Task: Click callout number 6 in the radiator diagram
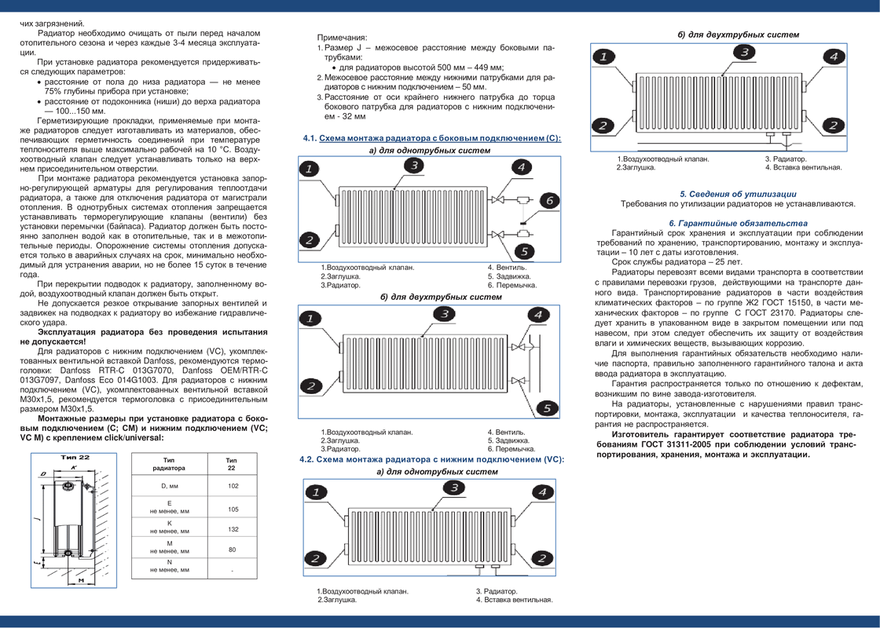pos(549,200)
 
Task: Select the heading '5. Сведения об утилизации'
pos(738,194)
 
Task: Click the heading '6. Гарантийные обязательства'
pos(737,223)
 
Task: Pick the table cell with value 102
pos(233,487)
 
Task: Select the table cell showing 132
pos(233,529)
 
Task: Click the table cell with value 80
pos(233,549)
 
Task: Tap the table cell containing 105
pos(233,509)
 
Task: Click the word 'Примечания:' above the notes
pos(342,38)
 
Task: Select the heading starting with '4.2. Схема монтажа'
pos(432,459)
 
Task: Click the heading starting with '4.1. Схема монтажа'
pos(432,138)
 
